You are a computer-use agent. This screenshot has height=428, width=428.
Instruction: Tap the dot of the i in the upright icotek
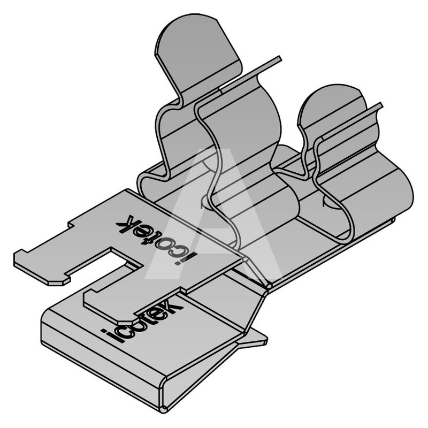coord(104,332)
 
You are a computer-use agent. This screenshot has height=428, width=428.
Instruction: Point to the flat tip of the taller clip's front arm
coord(279,58)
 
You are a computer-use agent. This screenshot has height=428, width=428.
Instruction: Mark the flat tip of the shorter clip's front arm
coord(380,105)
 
